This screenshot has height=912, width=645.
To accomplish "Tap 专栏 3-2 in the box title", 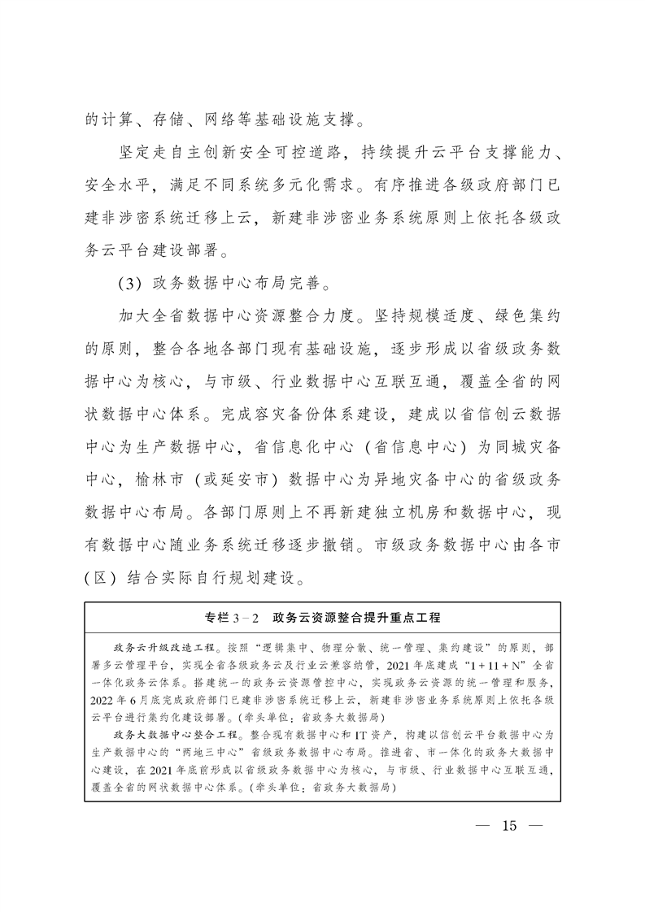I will point(232,618).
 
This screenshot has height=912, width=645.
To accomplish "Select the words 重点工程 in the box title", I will point(412,618).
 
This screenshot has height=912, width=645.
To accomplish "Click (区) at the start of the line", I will point(102,580).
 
